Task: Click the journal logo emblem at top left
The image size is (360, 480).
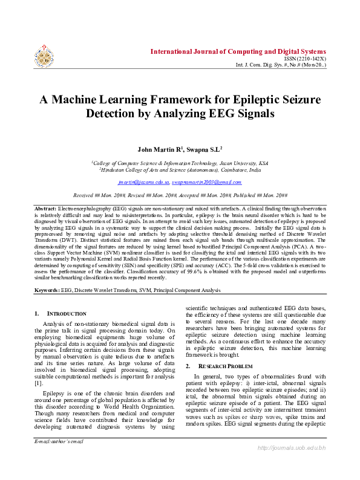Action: pyautogui.click(x=44, y=54)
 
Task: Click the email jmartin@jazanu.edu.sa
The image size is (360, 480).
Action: pyautogui.click(x=143, y=181)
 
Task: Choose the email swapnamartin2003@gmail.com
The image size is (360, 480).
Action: pyautogui.click(x=206, y=181)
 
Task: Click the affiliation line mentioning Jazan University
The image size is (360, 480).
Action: pyautogui.click(x=180, y=163)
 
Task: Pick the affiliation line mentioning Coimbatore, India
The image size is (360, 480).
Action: pyautogui.click(x=180, y=170)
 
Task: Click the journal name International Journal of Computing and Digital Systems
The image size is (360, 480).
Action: pyautogui.click(x=238, y=51)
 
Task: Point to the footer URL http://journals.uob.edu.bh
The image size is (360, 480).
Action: pyautogui.click(x=292, y=464)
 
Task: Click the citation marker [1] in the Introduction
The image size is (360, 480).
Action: pyautogui.click(x=39, y=383)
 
